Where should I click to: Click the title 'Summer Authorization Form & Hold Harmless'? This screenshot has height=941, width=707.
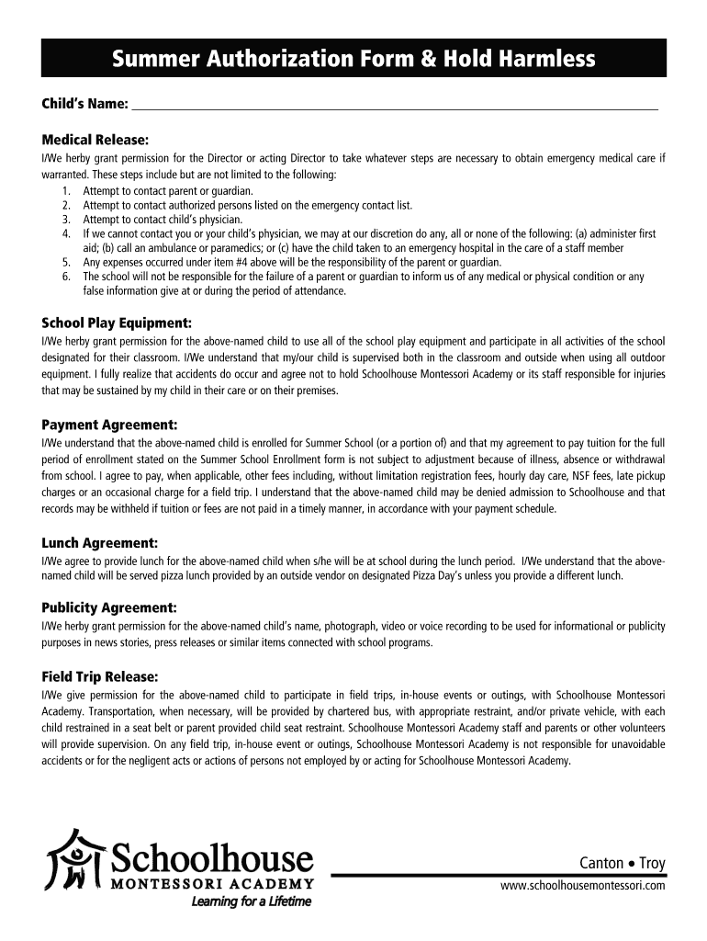click(353, 60)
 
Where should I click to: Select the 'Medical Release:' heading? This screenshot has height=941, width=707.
click(95, 139)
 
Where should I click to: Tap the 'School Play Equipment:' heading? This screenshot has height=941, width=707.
click(117, 323)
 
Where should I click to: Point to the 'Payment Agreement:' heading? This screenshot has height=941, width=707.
click(109, 424)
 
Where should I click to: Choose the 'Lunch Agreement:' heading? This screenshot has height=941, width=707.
click(100, 542)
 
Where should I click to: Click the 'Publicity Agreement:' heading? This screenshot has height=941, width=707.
click(109, 607)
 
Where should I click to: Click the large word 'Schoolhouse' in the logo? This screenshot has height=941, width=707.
click(212, 858)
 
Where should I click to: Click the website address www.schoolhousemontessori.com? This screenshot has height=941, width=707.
click(582, 884)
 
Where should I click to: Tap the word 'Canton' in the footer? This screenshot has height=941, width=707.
click(601, 863)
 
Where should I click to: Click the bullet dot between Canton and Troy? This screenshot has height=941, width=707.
click(632, 864)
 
